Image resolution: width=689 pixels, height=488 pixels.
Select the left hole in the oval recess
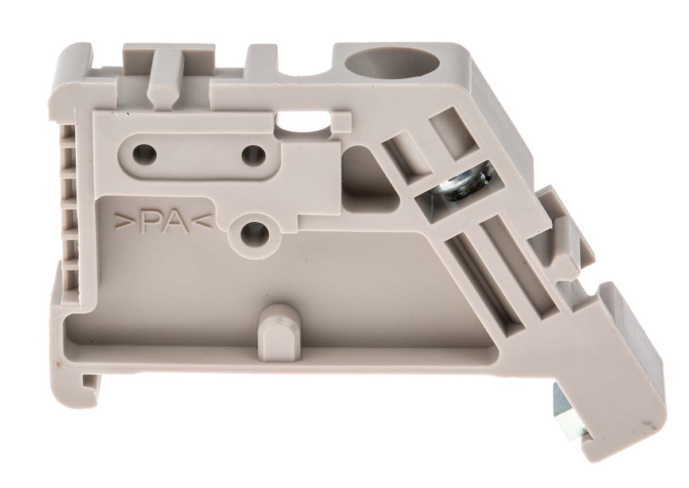click(144, 153)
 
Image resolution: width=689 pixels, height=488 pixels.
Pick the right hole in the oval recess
click(253, 154)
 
